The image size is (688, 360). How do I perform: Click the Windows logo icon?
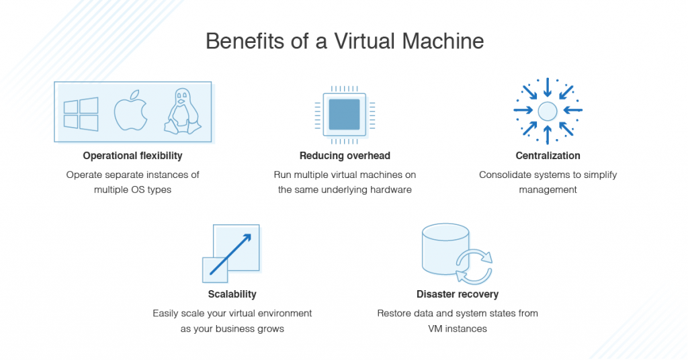(81, 114)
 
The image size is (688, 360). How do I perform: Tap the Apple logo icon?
(130, 111)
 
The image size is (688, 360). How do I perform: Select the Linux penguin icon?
(183, 111)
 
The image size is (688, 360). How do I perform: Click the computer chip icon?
(345, 114)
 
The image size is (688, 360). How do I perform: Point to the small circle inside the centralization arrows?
(548, 111)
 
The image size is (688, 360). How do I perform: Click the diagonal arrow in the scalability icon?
(230, 255)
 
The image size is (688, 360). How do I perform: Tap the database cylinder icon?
(445, 249)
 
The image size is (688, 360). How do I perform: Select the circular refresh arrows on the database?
(474, 266)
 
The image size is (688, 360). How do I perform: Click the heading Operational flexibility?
(132, 156)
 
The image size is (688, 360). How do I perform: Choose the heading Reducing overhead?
(345, 156)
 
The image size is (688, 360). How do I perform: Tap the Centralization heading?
(548, 156)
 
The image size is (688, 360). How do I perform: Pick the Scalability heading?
(232, 294)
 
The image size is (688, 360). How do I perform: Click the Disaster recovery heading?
(458, 294)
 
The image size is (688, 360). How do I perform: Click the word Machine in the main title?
(443, 41)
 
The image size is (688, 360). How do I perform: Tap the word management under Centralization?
(548, 190)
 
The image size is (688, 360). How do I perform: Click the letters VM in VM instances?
(435, 329)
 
